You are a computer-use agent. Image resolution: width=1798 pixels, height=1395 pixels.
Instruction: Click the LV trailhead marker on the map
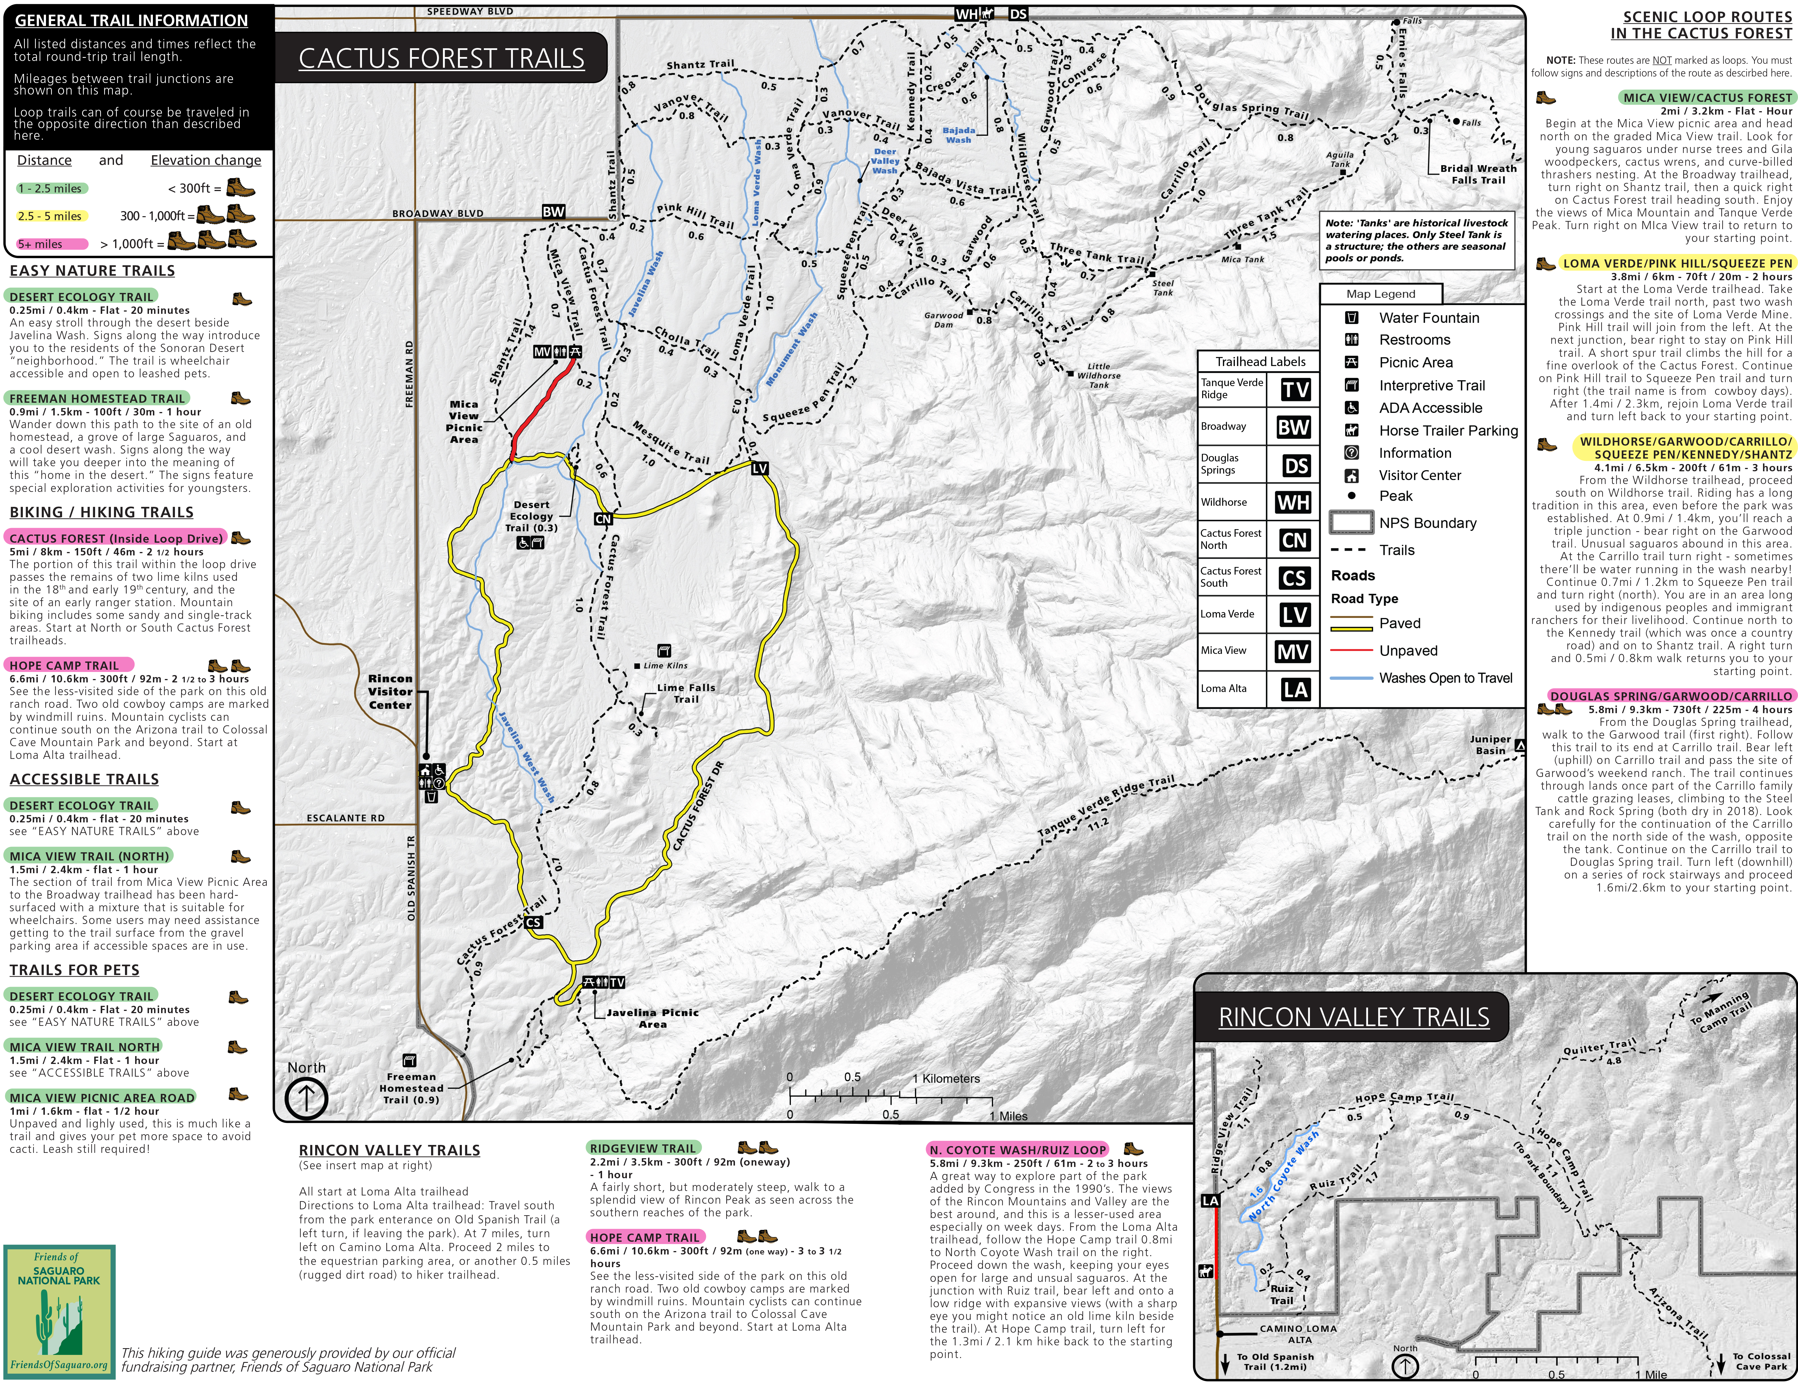click(x=760, y=468)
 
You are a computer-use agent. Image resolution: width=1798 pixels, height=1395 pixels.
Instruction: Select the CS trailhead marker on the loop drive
click(x=534, y=922)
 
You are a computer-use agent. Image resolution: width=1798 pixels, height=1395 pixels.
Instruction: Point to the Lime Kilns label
click(x=665, y=665)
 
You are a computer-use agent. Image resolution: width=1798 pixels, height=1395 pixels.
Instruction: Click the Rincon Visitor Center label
click(x=390, y=692)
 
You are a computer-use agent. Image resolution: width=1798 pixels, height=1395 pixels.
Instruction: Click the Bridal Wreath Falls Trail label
click(x=1478, y=174)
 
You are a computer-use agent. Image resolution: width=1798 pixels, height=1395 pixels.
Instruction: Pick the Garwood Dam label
click(x=943, y=319)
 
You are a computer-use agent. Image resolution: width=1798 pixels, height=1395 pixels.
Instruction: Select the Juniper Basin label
click(x=1490, y=744)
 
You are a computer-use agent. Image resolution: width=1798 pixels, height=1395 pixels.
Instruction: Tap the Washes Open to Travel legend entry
click(x=1446, y=678)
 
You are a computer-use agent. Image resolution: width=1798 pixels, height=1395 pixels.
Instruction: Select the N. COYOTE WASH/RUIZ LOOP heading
click(x=1018, y=1149)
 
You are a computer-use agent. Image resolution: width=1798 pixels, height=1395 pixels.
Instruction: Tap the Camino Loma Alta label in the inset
click(x=1298, y=1333)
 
